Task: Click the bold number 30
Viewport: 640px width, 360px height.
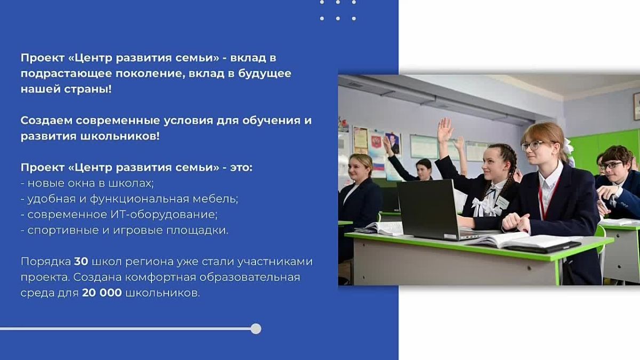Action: [x=81, y=261]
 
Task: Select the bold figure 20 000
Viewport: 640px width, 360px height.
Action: [x=102, y=293]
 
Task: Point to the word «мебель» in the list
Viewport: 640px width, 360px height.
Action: [x=215, y=199]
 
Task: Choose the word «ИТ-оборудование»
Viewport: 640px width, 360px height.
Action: [x=164, y=214]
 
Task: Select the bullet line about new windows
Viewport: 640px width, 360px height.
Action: [x=87, y=183]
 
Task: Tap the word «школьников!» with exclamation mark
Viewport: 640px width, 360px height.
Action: [x=119, y=137]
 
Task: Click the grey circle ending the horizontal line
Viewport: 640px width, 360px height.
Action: [x=256, y=329]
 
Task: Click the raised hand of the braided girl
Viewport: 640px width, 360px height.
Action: [x=445, y=130]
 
